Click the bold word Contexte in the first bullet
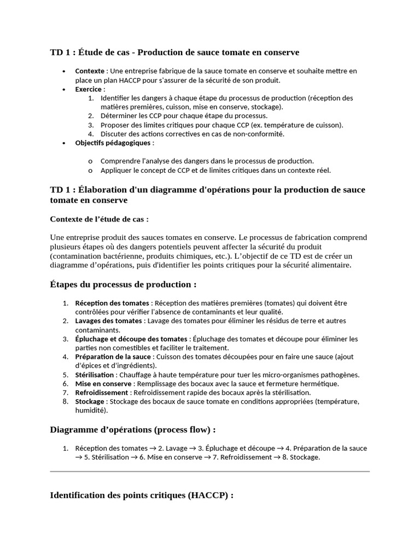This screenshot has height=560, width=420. coord(90,71)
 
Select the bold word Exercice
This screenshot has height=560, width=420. coord(88,89)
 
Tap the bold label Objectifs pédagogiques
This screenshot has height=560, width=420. coord(113,143)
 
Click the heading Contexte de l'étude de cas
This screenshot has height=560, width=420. coord(99,219)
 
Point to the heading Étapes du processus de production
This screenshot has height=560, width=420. coord(123,285)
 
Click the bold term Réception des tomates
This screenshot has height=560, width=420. coord(112,303)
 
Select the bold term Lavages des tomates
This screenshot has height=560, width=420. coord(109,321)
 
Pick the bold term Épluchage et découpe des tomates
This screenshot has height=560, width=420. coord(131,339)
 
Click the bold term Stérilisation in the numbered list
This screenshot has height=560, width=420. coord(95,375)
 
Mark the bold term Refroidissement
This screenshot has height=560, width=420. coord(102,393)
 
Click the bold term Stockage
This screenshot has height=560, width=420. coord(89,401)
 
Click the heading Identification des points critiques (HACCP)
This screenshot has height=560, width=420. coord(142,495)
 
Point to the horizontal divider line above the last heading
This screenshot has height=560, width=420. coord(209,470)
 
